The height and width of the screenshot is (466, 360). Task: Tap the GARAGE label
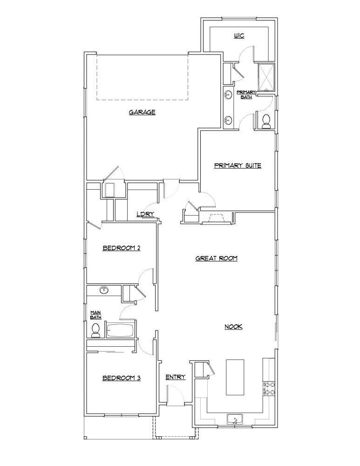(x=142, y=112)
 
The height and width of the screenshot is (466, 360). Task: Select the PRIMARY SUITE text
(x=237, y=165)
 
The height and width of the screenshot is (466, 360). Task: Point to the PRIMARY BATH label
(x=246, y=95)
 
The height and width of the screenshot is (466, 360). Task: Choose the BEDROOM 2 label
(x=121, y=248)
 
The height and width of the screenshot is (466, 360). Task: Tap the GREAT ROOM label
(x=217, y=258)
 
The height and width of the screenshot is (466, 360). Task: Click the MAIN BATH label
(x=95, y=315)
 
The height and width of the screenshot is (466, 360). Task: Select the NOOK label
(x=234, y=327)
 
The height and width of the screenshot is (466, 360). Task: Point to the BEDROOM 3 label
(x=121, y=378)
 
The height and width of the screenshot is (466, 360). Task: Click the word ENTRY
(x=176, y=377)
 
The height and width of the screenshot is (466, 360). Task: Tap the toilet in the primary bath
(x=266, y=121)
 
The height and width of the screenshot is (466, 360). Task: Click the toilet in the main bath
(x=96, y=330)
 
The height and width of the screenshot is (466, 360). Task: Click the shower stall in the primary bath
(x=266, y=76)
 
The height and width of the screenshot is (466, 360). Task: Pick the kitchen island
(x=235, y=377)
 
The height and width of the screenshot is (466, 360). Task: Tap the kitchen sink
(x=235, y=419)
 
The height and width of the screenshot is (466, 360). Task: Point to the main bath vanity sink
(x=103, y=291)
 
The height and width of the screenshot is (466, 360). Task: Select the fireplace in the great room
(x=216, y=219)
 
